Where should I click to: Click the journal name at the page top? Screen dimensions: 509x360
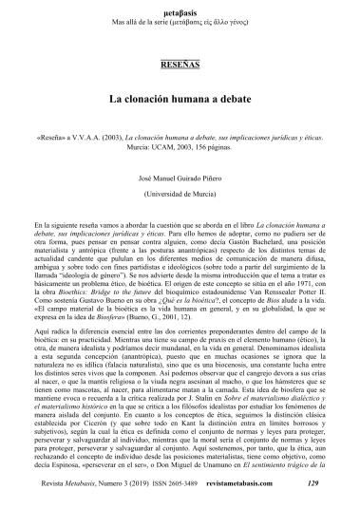click(180, 9)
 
